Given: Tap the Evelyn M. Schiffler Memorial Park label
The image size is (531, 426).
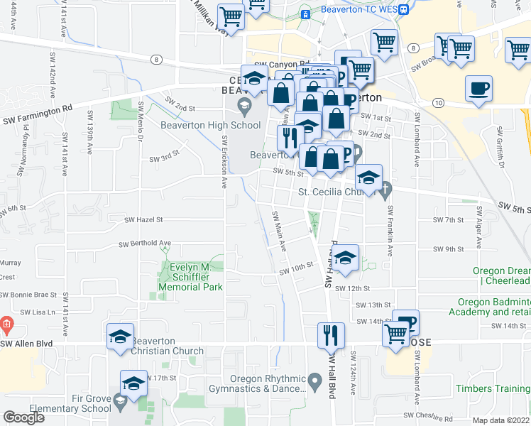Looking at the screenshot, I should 196,277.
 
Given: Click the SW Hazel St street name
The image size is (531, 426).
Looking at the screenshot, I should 145,220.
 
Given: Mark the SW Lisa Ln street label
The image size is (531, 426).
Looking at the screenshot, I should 37,312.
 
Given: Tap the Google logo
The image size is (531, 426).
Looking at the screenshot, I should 23,417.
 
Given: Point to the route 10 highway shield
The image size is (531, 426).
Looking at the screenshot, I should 439,103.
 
